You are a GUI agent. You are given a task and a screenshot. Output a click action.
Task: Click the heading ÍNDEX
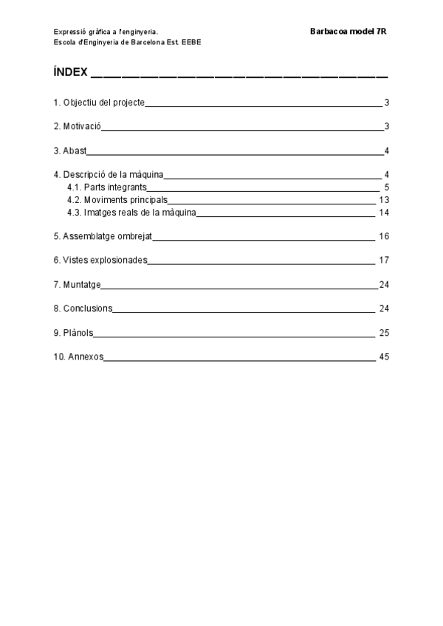coord(71,73)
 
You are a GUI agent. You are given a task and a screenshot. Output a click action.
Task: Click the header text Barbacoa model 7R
coord(346,32)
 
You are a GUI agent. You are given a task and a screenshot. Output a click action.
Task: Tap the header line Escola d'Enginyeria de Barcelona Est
coord(127,42)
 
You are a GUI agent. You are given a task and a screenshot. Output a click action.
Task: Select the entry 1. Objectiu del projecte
coord(99,103)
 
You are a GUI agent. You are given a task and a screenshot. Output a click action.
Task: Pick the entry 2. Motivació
coord(77,126)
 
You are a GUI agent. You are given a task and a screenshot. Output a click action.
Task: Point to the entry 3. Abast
coord(70,151)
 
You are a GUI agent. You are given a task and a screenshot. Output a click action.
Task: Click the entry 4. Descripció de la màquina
coord(109,175)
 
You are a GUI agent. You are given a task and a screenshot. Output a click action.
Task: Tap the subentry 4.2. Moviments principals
coord(117,200)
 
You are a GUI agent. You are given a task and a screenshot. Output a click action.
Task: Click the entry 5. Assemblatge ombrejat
coord(103,237)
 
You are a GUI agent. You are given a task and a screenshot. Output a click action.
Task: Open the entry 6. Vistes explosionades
coord(100,261)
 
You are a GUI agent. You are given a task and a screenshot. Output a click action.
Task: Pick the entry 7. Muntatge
coord(77,284)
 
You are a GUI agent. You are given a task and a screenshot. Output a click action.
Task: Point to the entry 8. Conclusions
coord(83,308)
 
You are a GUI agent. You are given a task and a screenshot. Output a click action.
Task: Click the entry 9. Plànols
coord(73,333)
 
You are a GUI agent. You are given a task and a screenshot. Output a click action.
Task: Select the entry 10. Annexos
coord(78,357)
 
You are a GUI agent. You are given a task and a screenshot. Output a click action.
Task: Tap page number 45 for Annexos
coord(383,357)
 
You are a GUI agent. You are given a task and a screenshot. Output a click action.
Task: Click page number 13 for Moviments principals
coord(383,200)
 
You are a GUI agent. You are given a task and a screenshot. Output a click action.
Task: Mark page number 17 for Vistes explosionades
coord(383,261)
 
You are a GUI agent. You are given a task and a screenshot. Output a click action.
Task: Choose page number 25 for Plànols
coord(383,333)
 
